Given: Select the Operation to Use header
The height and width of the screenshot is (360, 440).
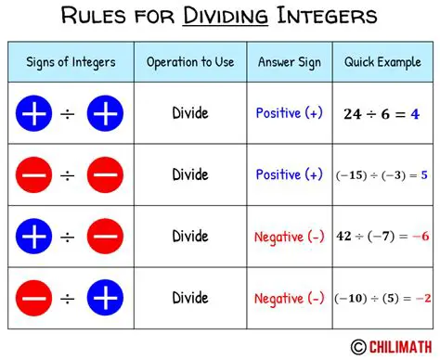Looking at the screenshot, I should pyautogui.click(x=189, y=62).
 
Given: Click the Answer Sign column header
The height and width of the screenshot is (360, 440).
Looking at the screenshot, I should pyautogui.click(x=290, y=62).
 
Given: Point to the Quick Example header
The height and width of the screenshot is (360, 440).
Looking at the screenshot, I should pyautogui.click(x=382, y=62).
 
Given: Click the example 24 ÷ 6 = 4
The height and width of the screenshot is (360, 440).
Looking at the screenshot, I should pyautogui.click(x=382, y=114).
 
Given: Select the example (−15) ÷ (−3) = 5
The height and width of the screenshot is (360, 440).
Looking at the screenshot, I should pyautogui.click(x=382, y=174).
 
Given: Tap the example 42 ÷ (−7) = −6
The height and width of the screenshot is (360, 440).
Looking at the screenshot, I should pyautogui.click(x=382, y=237).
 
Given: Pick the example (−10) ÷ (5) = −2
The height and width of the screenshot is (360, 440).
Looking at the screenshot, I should pyautogui.click(x=382, y=298).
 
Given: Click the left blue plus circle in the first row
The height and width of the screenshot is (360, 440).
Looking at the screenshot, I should pyautogui.click(x=32, y=114).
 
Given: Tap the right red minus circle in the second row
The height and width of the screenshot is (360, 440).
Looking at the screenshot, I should pyautogui.click(x=104, y=174).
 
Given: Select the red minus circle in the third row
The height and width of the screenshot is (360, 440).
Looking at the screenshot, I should pyautogui.click(x=104, y=237).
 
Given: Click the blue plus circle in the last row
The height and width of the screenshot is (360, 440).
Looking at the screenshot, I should pyautogui.click(x=104, y=298).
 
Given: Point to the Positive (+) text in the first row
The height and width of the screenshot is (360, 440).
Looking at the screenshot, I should pyautogui.click(x=290, y=113).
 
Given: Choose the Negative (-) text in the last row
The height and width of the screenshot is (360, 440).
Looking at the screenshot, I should pyautogui.click(x=289, y=298).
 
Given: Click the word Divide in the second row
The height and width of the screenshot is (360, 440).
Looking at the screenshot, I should pyautogui.click(x=189, y=174).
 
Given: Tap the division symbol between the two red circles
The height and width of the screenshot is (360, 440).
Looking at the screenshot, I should pyautogui.click(x=68, y=174).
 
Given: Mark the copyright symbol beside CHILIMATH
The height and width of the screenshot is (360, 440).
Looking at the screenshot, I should pyautogui.click(x=356, y=346).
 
